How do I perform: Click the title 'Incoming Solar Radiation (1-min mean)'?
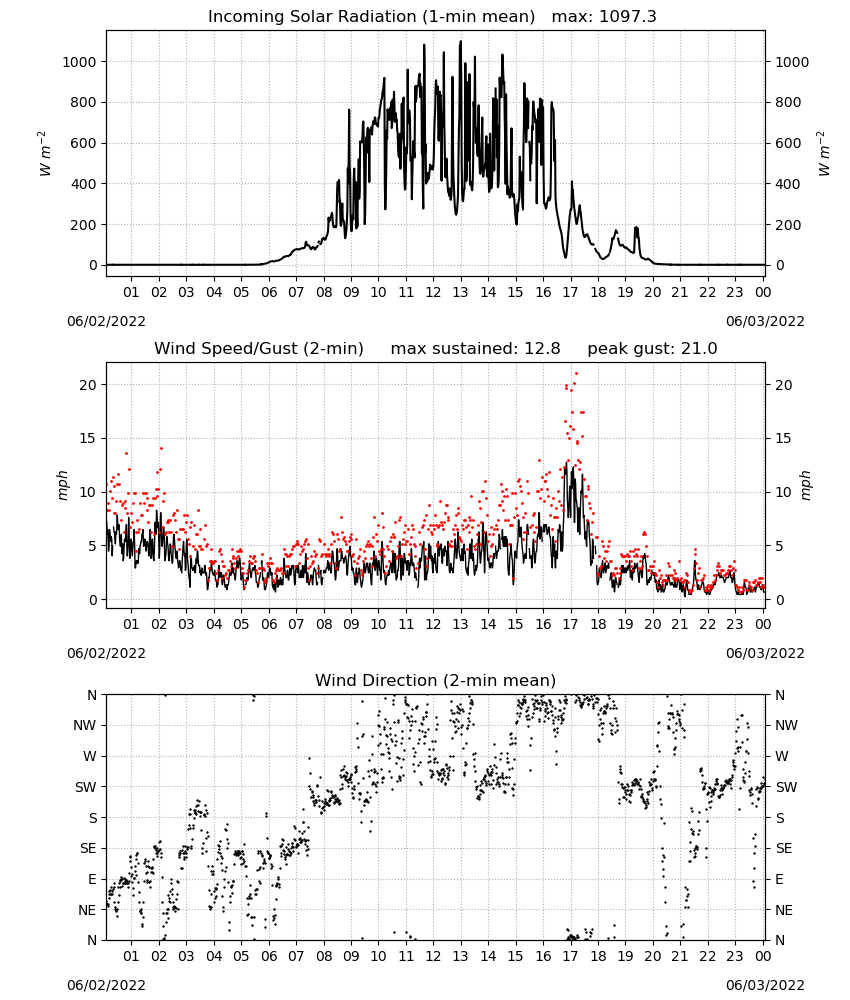tap(371, 17)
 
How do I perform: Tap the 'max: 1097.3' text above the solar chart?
tap(604, 17)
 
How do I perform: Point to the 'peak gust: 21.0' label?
tap(652, 349)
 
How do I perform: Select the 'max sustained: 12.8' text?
tap(476, 349)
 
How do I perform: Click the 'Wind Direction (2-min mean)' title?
tap(436, 680)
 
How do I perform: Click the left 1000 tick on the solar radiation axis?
tap(79, 62)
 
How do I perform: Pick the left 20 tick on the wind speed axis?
tap(88, 385)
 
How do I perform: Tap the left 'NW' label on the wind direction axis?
tap(85, 726)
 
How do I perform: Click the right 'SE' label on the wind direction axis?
tap(784, 849)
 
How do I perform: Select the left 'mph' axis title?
tap(62, 485)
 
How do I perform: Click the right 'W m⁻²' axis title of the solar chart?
tap(823, 154)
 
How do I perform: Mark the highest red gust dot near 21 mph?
tap(576, 374)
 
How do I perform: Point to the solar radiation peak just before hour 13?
tap(460, 42)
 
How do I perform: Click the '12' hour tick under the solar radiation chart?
tap(433, 293)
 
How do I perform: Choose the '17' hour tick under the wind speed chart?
tap(570, 624)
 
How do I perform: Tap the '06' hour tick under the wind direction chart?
tap(269, 957)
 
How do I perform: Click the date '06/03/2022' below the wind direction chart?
tap(765, 986)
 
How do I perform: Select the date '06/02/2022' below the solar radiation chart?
tap(106, 322)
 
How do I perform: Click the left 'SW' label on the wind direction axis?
tap(85, 788)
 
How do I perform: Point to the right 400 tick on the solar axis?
tap(788, 184)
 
